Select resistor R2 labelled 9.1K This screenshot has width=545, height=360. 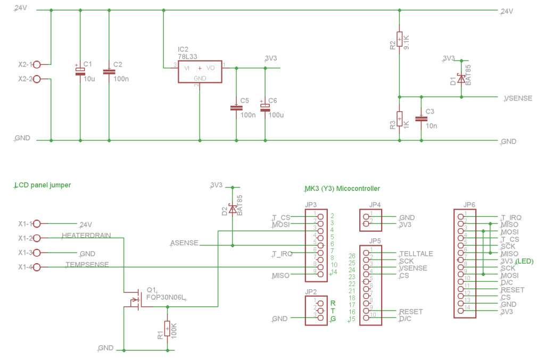tap(400, 40)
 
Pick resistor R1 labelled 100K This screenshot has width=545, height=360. tap(167, 329)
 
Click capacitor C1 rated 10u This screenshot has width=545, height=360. tap(80, 71)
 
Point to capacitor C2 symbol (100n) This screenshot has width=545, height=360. tap(109, 71)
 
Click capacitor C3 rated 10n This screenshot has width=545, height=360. tap(422, 119)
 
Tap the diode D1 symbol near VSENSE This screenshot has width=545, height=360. tap(461, 78)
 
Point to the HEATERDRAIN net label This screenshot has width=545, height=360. tap(87, 235)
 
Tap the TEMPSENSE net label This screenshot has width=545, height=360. tap(87, 264)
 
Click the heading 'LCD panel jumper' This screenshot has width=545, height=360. tap(43, 185)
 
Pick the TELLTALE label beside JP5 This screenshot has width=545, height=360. tap(416, 254)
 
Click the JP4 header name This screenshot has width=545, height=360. tap(374, 205)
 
